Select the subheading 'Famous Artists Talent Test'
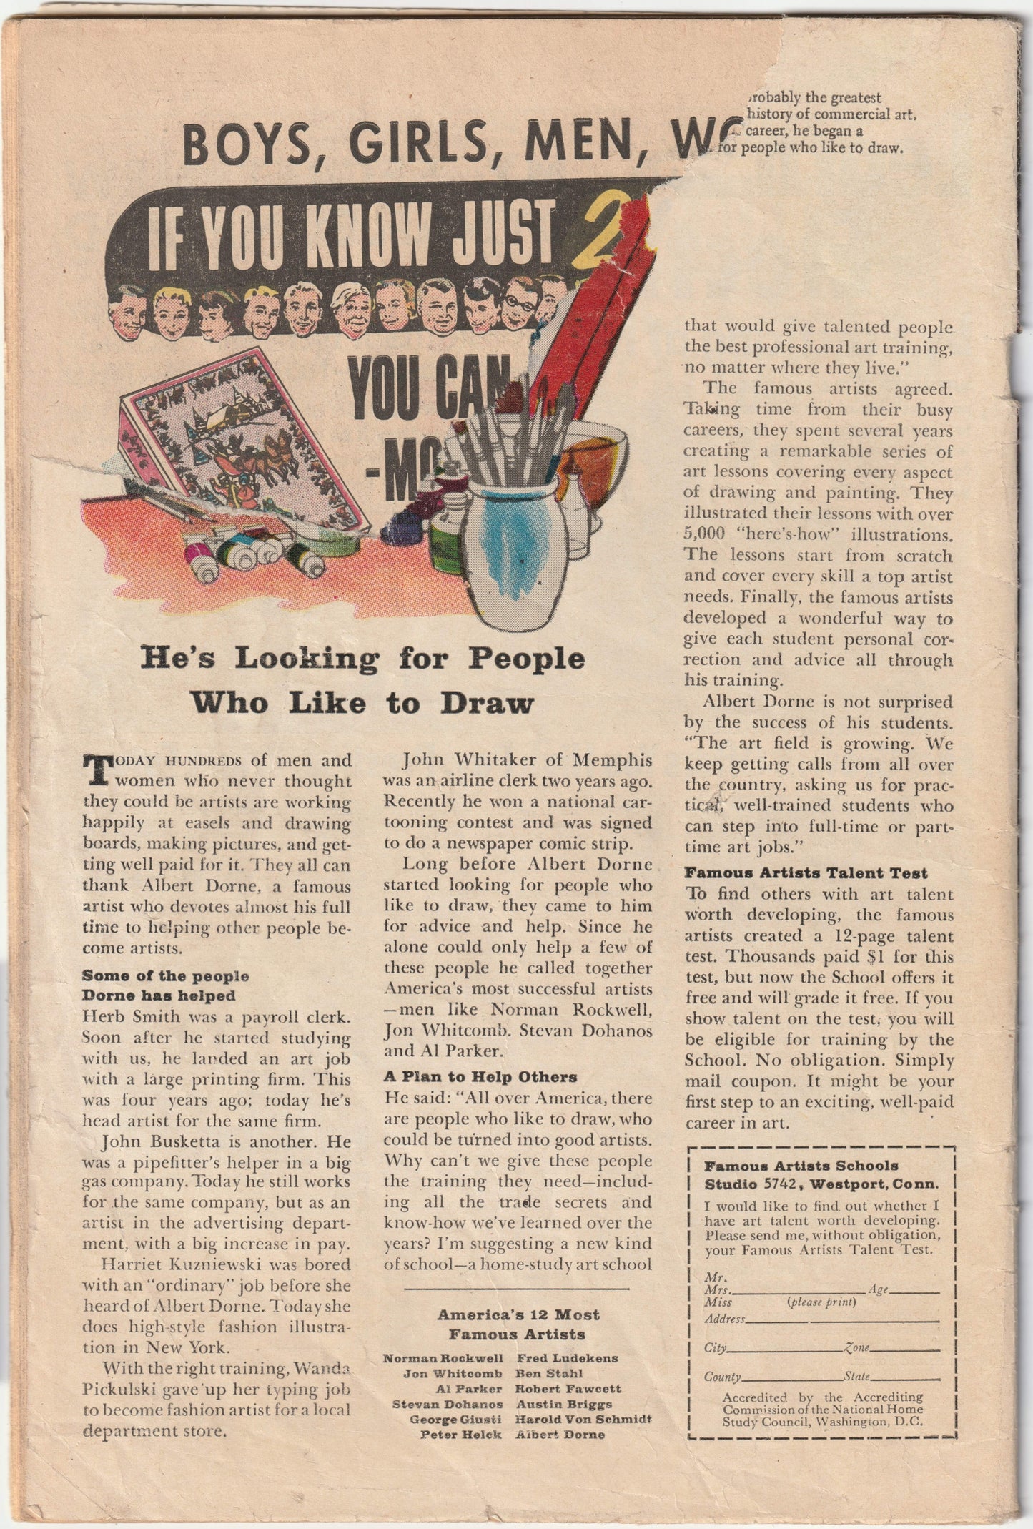(x=806, y=872)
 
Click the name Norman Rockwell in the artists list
(x=443, y=1357)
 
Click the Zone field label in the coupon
(x=857, y=1348)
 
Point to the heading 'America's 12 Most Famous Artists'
(x=518, y=1324)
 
